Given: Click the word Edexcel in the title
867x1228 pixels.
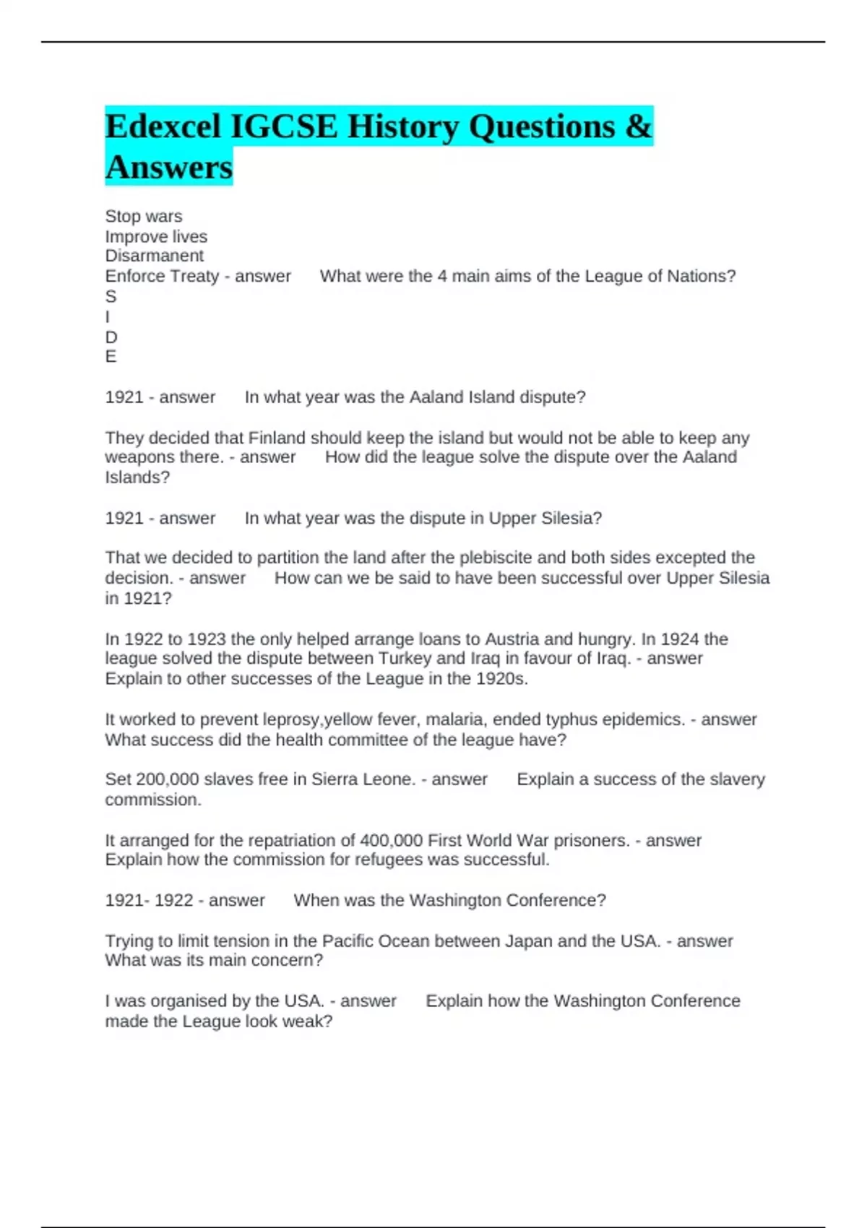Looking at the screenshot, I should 163,127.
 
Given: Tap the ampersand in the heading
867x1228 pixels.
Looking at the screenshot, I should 638,127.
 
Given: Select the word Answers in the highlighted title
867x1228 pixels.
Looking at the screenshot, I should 169,168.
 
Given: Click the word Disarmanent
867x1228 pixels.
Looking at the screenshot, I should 154,256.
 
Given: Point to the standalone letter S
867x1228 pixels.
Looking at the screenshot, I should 111,296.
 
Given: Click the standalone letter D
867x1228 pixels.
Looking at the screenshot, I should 111,337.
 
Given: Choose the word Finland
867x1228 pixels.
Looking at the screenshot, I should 277,438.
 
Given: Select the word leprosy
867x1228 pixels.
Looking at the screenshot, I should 291,719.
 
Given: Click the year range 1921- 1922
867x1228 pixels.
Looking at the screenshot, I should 149,900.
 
